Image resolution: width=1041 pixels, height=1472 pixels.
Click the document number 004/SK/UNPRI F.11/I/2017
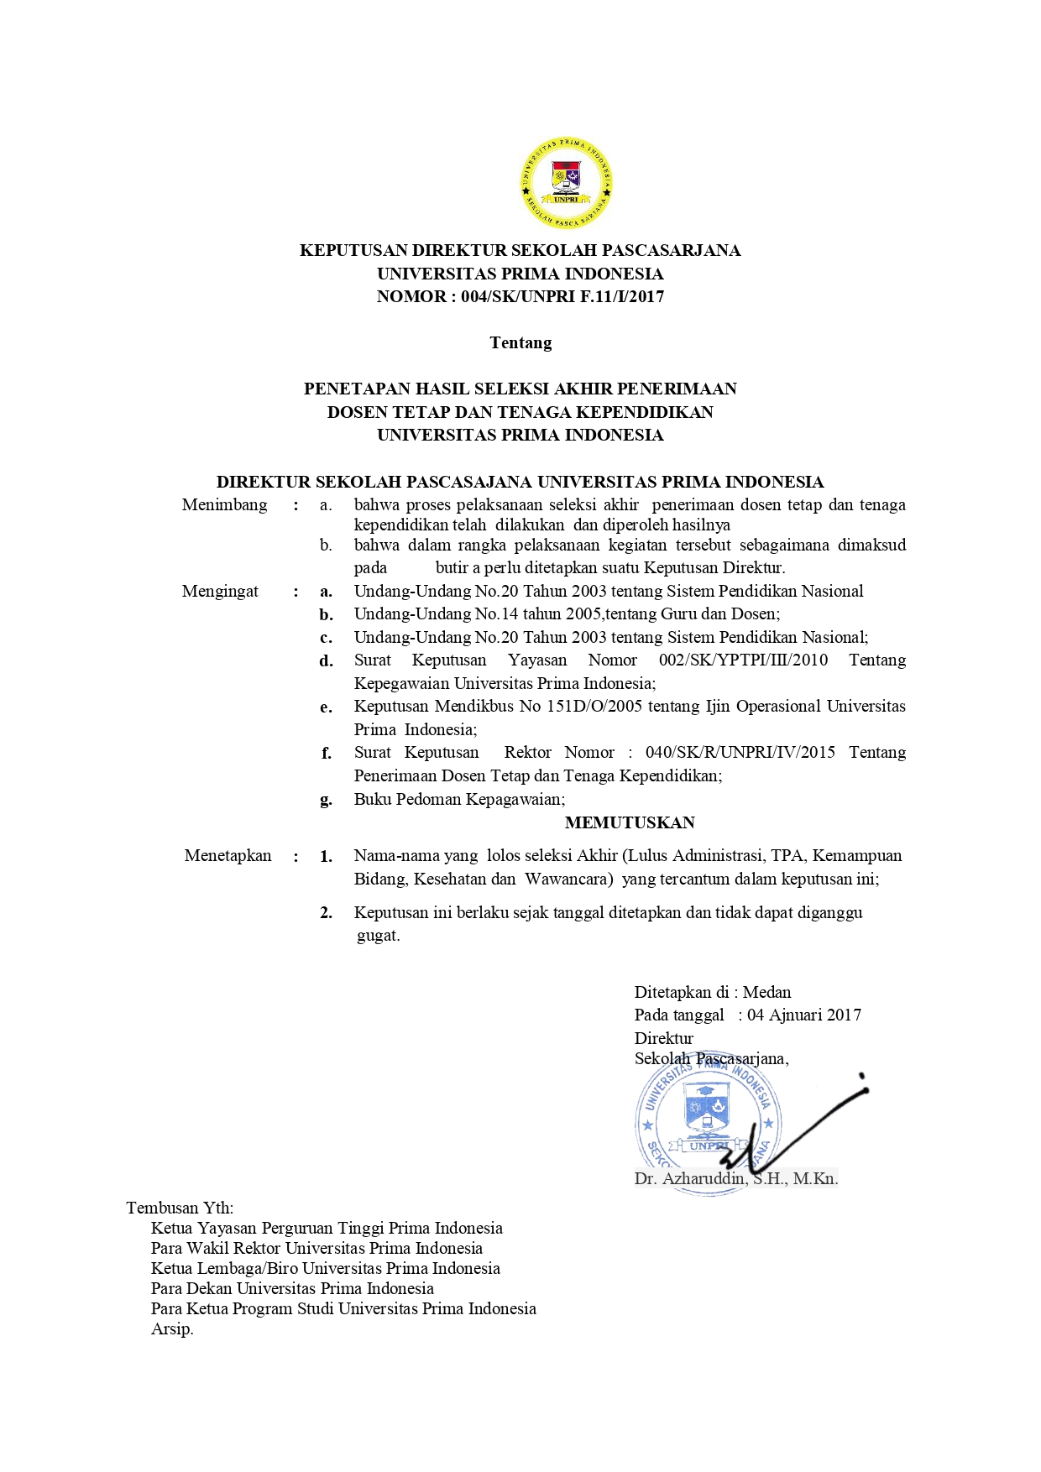coord(562,296)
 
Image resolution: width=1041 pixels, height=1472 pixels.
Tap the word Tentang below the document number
coord(520,342)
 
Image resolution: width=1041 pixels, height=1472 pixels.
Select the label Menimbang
coord(224,504)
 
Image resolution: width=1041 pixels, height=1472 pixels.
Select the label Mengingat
coord(220,591)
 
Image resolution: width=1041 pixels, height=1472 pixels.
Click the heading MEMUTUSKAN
coord(630,822)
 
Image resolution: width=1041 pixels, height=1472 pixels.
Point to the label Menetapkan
coord(228,855)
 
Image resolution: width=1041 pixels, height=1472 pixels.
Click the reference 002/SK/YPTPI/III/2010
coord(743,660)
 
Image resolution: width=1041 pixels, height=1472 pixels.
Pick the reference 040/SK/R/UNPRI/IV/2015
coord(740,752)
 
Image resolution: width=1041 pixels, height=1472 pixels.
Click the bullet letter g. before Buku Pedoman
coord(326,800)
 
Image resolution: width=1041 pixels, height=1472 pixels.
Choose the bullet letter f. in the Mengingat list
coord(326,754)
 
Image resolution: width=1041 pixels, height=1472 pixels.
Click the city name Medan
coord(766,992)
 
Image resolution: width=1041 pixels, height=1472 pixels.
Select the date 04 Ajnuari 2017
coord(804,1015)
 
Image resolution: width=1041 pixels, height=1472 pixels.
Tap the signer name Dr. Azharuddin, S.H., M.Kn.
coord(735,1178)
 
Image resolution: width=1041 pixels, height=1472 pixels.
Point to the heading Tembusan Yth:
coord(180,1208)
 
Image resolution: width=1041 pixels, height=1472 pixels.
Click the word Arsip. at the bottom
coord(172,1328)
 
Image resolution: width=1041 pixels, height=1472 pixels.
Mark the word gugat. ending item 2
coord(378,936)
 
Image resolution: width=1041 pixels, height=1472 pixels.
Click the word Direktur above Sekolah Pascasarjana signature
coord(664,1038)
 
